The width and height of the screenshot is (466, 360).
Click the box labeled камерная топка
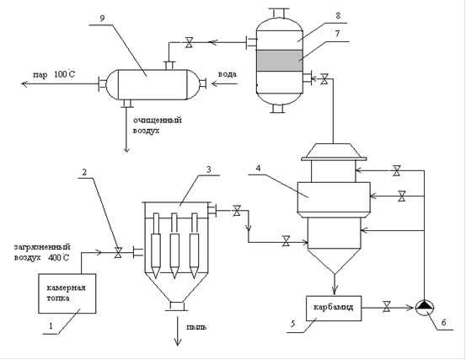pos(67,293)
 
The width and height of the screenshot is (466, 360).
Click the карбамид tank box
pos(334,309)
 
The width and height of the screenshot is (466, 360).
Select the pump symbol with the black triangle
pos(425,308)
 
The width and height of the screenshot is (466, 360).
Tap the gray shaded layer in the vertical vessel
pos(280,61)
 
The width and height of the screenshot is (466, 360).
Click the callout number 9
pos(102,19)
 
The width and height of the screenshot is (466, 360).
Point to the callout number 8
pos(338,15)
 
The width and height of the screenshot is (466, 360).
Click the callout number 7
pos(337,34)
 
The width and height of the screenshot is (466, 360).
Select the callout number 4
pos(258,169)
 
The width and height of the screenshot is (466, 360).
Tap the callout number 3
pos(209,169)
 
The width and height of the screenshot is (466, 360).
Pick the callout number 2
pos(84,172)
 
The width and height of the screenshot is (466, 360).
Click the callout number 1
pos(51,326)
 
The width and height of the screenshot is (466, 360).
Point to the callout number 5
pos(292,324)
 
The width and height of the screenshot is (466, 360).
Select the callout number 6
pos(443,322)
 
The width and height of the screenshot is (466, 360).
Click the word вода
pos(228,74)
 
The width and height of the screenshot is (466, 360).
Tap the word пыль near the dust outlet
pos(196,327)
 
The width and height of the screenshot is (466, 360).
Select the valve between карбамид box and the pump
pos(387,307)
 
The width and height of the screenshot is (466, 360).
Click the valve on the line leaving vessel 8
pos(189,42)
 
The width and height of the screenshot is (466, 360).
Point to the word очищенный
pos(158,121)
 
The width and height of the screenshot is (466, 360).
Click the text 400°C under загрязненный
pos(58,257)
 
